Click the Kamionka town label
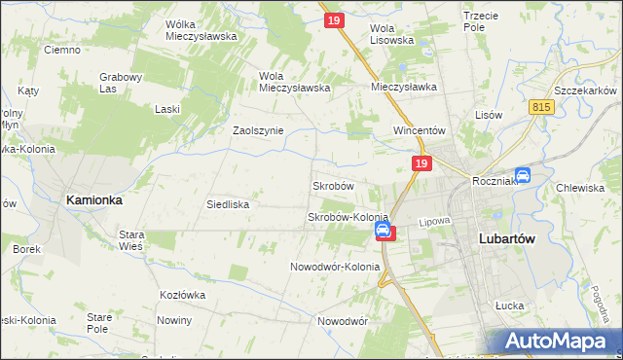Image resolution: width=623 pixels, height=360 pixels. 94,199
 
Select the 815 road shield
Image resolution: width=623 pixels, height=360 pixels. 542,107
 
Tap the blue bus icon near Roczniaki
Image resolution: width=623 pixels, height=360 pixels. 523,175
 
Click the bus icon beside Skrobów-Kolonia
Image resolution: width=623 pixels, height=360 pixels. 384,231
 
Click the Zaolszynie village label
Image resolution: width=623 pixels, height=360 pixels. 257,130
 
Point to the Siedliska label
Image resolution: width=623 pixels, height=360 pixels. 228,205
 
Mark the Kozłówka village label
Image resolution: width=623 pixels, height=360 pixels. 184,294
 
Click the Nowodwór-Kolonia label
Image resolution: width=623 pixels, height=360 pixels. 335,267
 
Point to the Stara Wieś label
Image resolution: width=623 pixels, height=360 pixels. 131,240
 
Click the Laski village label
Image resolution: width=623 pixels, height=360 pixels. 166,109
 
